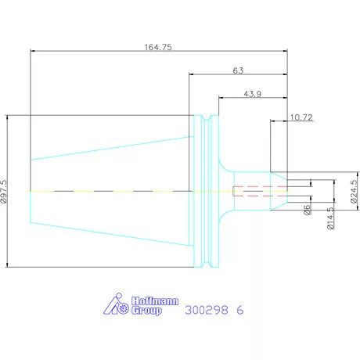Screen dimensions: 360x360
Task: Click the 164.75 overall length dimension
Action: [158, 47]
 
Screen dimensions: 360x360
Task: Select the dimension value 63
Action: [238, 70]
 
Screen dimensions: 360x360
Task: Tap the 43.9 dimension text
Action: [252, 94]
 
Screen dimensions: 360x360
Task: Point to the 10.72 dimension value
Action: [301, 117]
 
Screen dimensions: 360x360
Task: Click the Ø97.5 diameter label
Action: [4, 191]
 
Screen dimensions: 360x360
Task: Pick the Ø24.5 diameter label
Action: [354, 191]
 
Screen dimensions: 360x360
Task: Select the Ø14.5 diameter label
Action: [330, 218]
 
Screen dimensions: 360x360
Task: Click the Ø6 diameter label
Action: [308, 210]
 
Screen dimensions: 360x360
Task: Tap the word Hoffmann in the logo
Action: [155, 301]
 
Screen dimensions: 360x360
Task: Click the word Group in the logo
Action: [146, 311]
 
